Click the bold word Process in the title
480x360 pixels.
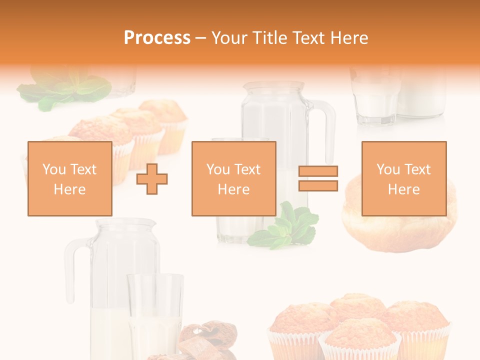pos(157,38)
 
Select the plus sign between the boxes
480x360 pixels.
pos(152,178)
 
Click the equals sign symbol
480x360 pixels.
pos(318,178)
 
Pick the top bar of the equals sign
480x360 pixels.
pos(318,171)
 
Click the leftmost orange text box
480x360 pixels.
pos(69,178)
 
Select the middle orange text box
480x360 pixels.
pos(233,178)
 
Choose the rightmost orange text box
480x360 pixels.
pos(403,178)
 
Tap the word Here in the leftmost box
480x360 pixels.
pos(69,189)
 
